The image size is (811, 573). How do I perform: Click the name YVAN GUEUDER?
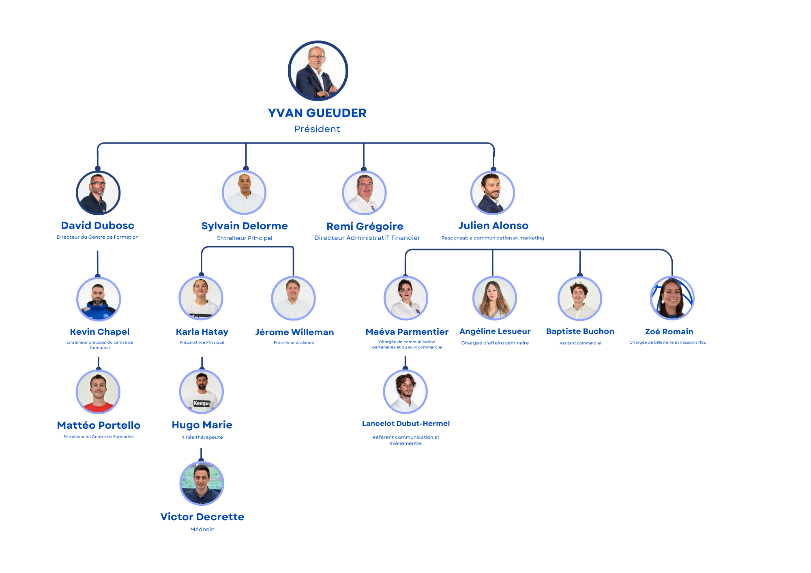tap(317, 113)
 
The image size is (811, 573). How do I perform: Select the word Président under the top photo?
tap(317, 129)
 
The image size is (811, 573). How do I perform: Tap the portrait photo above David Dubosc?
tap(98, 193)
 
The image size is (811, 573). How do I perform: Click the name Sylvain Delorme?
tap(245, 226)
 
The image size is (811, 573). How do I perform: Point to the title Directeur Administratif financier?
tap(367, 238)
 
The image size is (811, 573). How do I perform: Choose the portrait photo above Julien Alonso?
tap(493, 193)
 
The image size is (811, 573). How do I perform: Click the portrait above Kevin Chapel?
tap(99, 299)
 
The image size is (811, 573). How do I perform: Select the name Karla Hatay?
tap(202, 332)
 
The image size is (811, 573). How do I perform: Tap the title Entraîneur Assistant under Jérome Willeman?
tap(294, 343)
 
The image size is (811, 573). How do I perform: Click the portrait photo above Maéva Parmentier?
tap(406, 298)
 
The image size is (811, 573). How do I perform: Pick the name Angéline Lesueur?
tap(495, 331)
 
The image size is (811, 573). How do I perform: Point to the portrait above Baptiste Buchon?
tap(580, 299)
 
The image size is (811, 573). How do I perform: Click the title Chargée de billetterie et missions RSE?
tap(667, 342)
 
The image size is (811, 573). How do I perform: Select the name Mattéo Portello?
tap(99, 425)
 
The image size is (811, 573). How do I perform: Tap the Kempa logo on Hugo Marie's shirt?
tap(202, 403)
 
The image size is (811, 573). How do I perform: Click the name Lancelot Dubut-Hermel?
tap(406, 423)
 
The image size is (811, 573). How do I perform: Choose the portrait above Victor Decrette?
tap(202, 483)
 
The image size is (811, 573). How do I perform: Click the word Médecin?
tap(202, 529)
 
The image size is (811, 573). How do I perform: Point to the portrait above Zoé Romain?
tap(672, 298)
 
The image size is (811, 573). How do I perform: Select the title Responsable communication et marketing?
tap(493, 238)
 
